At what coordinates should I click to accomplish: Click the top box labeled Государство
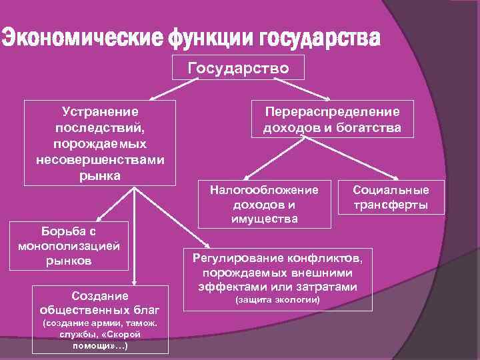coord(238,68)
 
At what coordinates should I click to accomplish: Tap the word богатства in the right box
coord(367,127)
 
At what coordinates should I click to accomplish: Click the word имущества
coord(265,219)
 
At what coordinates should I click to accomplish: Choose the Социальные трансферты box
coord(391,198)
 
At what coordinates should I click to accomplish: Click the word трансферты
coord(391,206)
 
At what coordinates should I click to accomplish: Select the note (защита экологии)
coord(279,301)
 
